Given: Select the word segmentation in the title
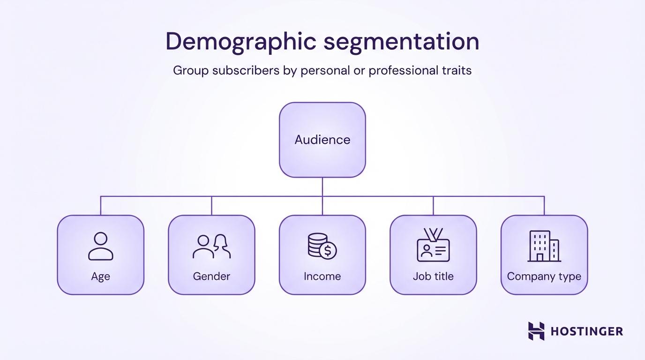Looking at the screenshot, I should click(402, 42).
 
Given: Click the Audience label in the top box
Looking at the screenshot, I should click(322, 140).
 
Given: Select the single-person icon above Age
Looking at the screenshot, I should click(101, 246).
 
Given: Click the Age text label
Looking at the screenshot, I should click(101, 277).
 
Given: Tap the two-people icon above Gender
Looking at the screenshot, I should click(212, 246).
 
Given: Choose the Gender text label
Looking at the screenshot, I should click(212, 277).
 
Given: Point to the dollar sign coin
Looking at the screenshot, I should click(328, 251).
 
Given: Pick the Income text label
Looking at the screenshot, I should click(322, 277).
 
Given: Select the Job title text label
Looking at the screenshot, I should click(433, 277).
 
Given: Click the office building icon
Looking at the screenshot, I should click(544, 246).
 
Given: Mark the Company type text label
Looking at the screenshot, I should click(544, 277).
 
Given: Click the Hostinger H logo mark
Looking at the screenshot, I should click(536, 331).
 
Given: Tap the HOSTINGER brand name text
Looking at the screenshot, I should click(586, 331).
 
